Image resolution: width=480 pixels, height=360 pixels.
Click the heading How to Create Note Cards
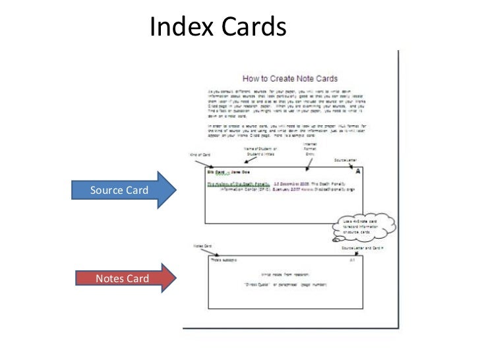click(291, 78)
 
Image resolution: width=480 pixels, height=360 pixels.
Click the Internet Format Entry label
click(310, 150)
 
